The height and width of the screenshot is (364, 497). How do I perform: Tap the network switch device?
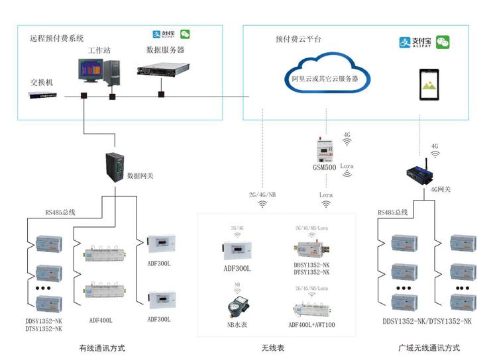point(42,95)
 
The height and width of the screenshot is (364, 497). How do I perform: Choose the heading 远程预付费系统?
point(57,38)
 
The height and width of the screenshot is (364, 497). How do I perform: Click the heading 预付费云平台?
point(298,39)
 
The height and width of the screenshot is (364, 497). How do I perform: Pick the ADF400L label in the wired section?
point(101,320)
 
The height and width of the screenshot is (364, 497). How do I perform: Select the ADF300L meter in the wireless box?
point(237,250)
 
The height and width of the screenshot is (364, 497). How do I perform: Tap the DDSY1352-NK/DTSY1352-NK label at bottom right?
point(427,322)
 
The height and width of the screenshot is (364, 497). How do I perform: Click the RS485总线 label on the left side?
point(60,212)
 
